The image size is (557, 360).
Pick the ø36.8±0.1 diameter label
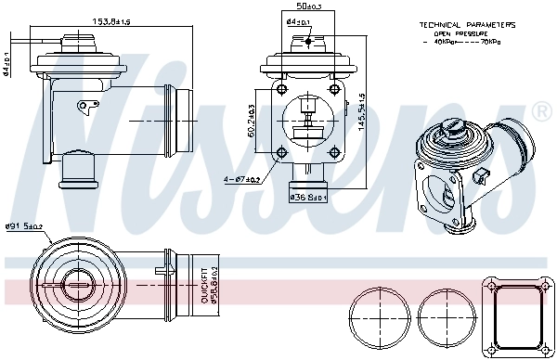(x=306, y=198)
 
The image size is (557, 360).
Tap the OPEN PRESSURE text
(x=455, y=32)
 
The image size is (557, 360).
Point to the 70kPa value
(x=493, y=42)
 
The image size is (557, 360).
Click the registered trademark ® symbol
(x=542, y=112)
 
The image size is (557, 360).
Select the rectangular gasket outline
(x=514, y=315)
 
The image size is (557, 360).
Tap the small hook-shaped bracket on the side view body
(x=88, y=106)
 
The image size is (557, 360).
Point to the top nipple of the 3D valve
(x=452, y=127)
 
